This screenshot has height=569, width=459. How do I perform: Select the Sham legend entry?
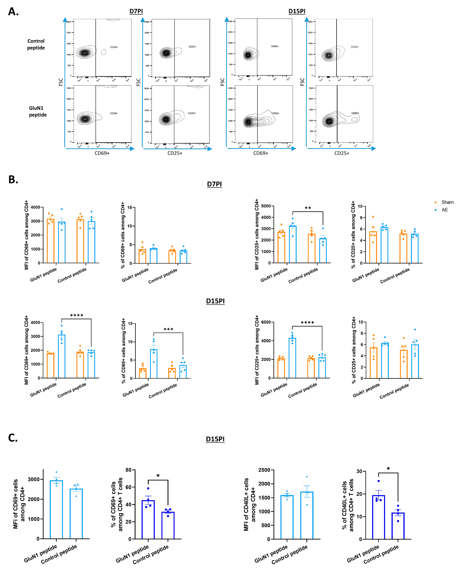447,202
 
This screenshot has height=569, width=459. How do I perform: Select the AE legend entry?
445,210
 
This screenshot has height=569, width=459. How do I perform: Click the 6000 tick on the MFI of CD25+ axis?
266,322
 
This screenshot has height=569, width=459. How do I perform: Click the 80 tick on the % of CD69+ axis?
129,470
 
